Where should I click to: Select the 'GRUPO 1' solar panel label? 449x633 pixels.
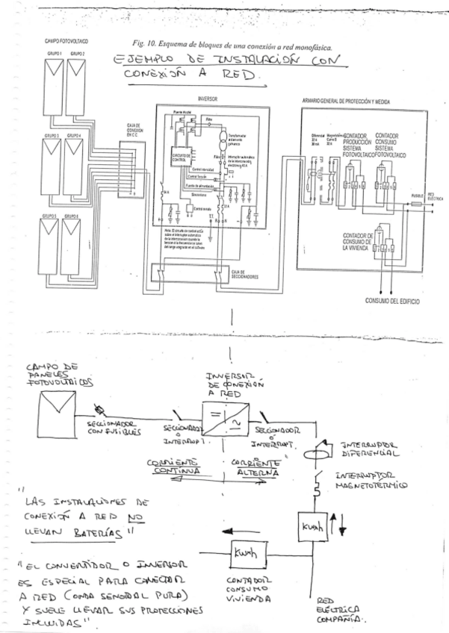coord(51,54)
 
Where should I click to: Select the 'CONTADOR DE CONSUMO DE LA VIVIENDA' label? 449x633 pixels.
coord(359,241)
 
